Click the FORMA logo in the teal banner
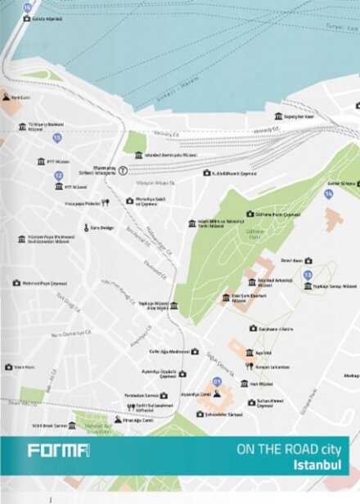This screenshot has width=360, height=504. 58,450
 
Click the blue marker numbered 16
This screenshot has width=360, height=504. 27,7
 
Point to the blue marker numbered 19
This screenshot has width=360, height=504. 56,137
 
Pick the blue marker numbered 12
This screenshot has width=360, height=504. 58,175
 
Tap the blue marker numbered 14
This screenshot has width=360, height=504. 328,194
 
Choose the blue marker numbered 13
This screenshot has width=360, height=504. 308,274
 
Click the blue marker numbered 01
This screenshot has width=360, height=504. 217,381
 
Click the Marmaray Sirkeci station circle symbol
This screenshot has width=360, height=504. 123,170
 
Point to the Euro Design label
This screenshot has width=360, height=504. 101,227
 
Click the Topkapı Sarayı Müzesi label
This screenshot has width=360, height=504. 337,286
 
